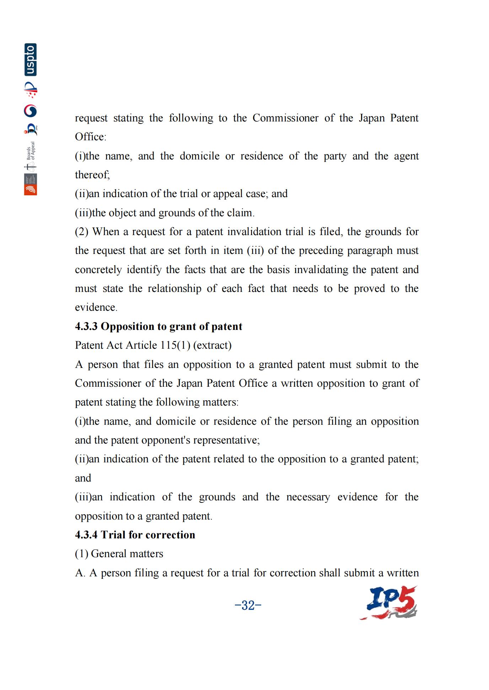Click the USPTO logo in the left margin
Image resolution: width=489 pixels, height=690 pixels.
coord(31,60)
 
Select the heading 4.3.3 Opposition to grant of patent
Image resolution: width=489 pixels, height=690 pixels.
coord(158,326)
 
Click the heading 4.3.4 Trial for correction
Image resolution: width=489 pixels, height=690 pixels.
coord(135,535)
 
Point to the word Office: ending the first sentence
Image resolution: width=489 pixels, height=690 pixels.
coord(91,137)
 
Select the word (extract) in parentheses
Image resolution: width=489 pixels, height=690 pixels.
coord(212,345)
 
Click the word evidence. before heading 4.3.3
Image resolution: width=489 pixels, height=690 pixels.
coord(96,307)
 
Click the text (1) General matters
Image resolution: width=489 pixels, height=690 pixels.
coord(119,554)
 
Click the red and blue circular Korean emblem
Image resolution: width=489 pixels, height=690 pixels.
coord(31,111)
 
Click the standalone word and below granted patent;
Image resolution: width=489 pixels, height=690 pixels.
coord(83,478)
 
